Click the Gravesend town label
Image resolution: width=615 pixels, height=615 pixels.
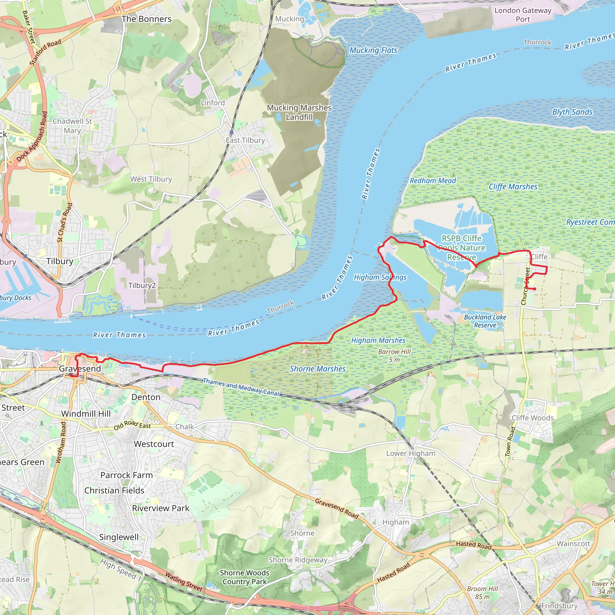pyautogui.click(x=80, y=369)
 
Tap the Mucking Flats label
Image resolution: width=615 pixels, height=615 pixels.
pyautogui.click(x=373, y=50)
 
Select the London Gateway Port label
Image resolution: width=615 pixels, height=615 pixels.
pyautogui.click(x=523, y=15)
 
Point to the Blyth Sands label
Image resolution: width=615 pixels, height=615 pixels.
pyautogui.click(x=572, y=112)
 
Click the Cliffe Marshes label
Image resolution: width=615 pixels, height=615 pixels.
pyautogui.click(x=513, y=187)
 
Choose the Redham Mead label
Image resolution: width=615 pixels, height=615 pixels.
pyautogui.click(x=433, y=181)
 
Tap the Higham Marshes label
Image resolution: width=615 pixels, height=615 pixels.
pyautogui.click(x=378, y=341)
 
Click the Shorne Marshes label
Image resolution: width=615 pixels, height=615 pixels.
pyautogui.click(x=317, y=369)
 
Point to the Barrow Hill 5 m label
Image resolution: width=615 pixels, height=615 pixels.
pyautogui.click(x=394, y=356)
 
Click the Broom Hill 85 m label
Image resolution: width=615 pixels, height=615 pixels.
pyautogui.click(x=482, y=593)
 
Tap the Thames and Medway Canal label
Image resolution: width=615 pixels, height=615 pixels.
pyautogui.click(x=241, y=387)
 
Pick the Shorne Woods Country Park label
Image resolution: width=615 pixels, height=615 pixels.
pyautogui.click(x=244, y=577)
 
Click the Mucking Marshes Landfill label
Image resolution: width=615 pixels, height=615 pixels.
pyautogui.click(x=299, y=112)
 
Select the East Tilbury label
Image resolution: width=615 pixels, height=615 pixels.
pyautogui.click(x=245, y=140)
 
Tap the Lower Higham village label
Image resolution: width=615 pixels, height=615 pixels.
pyautogui.click(x=411, y=453)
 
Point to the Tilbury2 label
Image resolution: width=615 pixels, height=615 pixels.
pyautogui.click(x=142, y=285)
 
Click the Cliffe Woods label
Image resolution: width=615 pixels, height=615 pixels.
pyautogui.click(x=532, y=418)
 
